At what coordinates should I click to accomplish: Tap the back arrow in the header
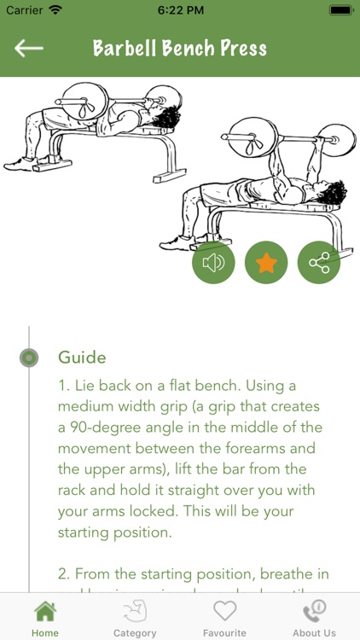point(28,48)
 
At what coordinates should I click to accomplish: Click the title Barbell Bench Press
point(180,48)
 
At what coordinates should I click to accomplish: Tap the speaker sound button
point(213,263)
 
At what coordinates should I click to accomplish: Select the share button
point(319,263)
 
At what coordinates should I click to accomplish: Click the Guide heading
point(82,357)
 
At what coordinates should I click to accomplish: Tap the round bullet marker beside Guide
point(29,358)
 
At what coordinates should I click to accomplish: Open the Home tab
point(45,618)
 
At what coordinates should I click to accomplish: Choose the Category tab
point(135,618)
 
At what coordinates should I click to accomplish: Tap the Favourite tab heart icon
point(224,611)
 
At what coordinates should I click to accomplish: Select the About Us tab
point(314,618)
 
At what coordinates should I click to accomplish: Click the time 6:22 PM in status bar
point(180,10)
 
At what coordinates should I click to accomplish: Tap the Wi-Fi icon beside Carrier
point(55,10)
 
